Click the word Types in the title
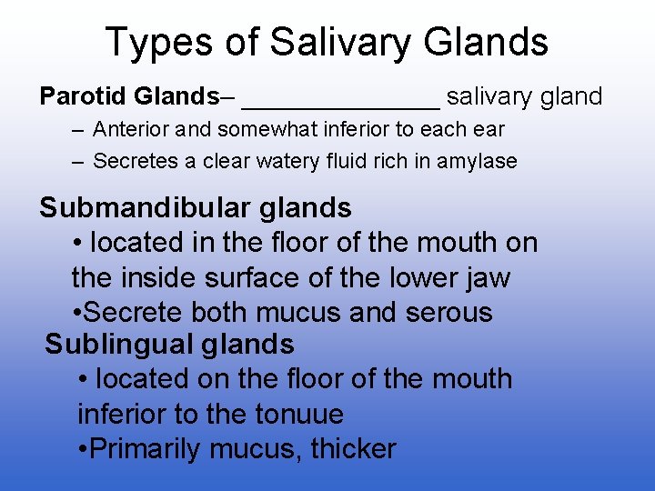[159, 43]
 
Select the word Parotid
[83, 96]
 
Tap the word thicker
[354, 448]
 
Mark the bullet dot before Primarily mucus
[84, 449]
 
